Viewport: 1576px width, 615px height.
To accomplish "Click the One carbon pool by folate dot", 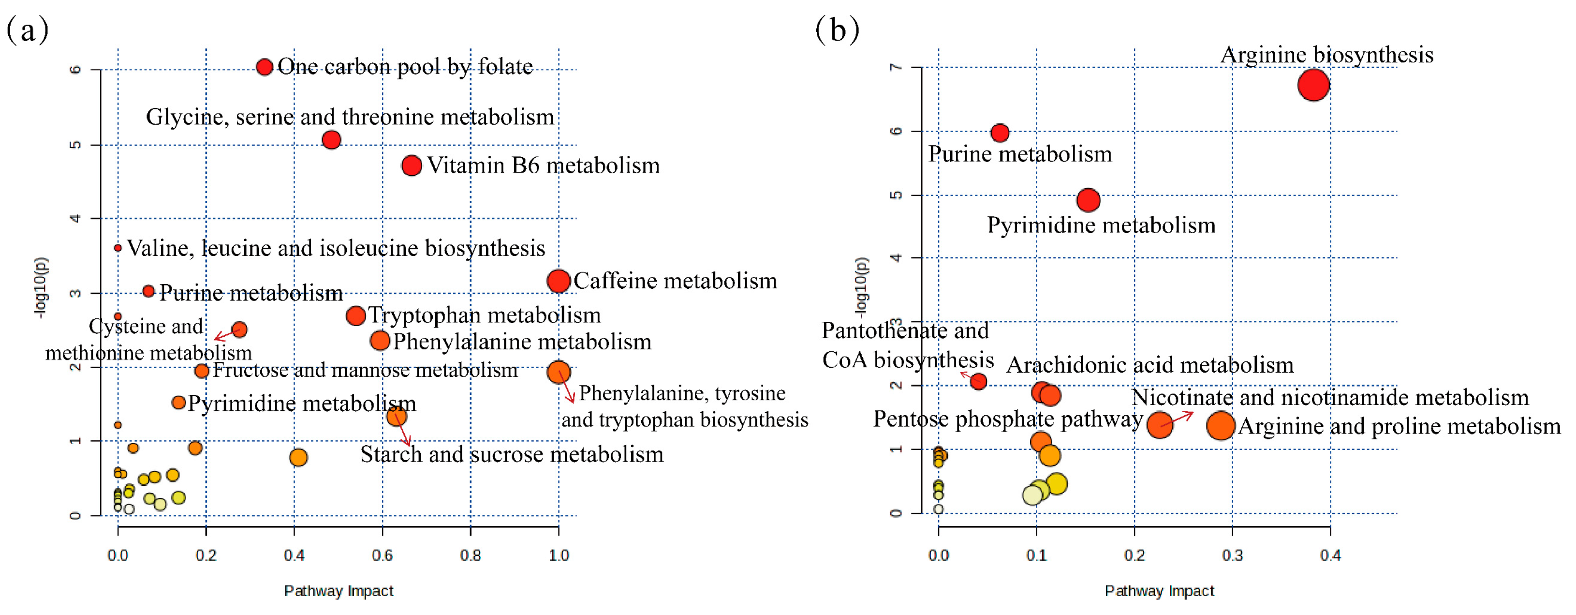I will click(265, 67).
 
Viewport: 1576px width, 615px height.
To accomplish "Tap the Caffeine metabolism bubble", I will click(558, 281).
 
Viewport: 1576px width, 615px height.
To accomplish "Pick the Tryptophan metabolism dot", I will click(355, 316).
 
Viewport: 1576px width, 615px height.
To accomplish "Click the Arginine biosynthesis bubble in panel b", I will click(1313, 85).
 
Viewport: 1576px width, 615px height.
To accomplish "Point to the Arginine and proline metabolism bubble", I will click(1220, 425).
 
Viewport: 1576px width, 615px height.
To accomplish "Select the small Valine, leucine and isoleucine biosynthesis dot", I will click(118, 248).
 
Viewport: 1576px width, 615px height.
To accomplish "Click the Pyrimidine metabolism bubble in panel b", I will click(1088, 199).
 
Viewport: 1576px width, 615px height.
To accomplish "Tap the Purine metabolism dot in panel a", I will click(148, 291).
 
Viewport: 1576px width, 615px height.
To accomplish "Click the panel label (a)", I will click(28, 30).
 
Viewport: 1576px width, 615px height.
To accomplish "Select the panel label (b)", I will click(837, 30).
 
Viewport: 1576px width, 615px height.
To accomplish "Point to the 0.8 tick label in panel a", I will click(470, 555).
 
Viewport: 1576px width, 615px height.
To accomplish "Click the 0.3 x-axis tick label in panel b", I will click(1232, 555).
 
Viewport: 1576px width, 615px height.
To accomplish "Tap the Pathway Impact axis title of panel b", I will click(1159, 590).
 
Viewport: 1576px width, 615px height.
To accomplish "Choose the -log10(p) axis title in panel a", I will click(40, 287).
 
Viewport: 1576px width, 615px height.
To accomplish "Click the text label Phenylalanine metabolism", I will click(522, 342).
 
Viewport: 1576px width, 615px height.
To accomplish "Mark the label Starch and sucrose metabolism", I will click(512, 454).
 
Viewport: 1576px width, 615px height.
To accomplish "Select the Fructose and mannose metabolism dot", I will click(202, 371).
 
